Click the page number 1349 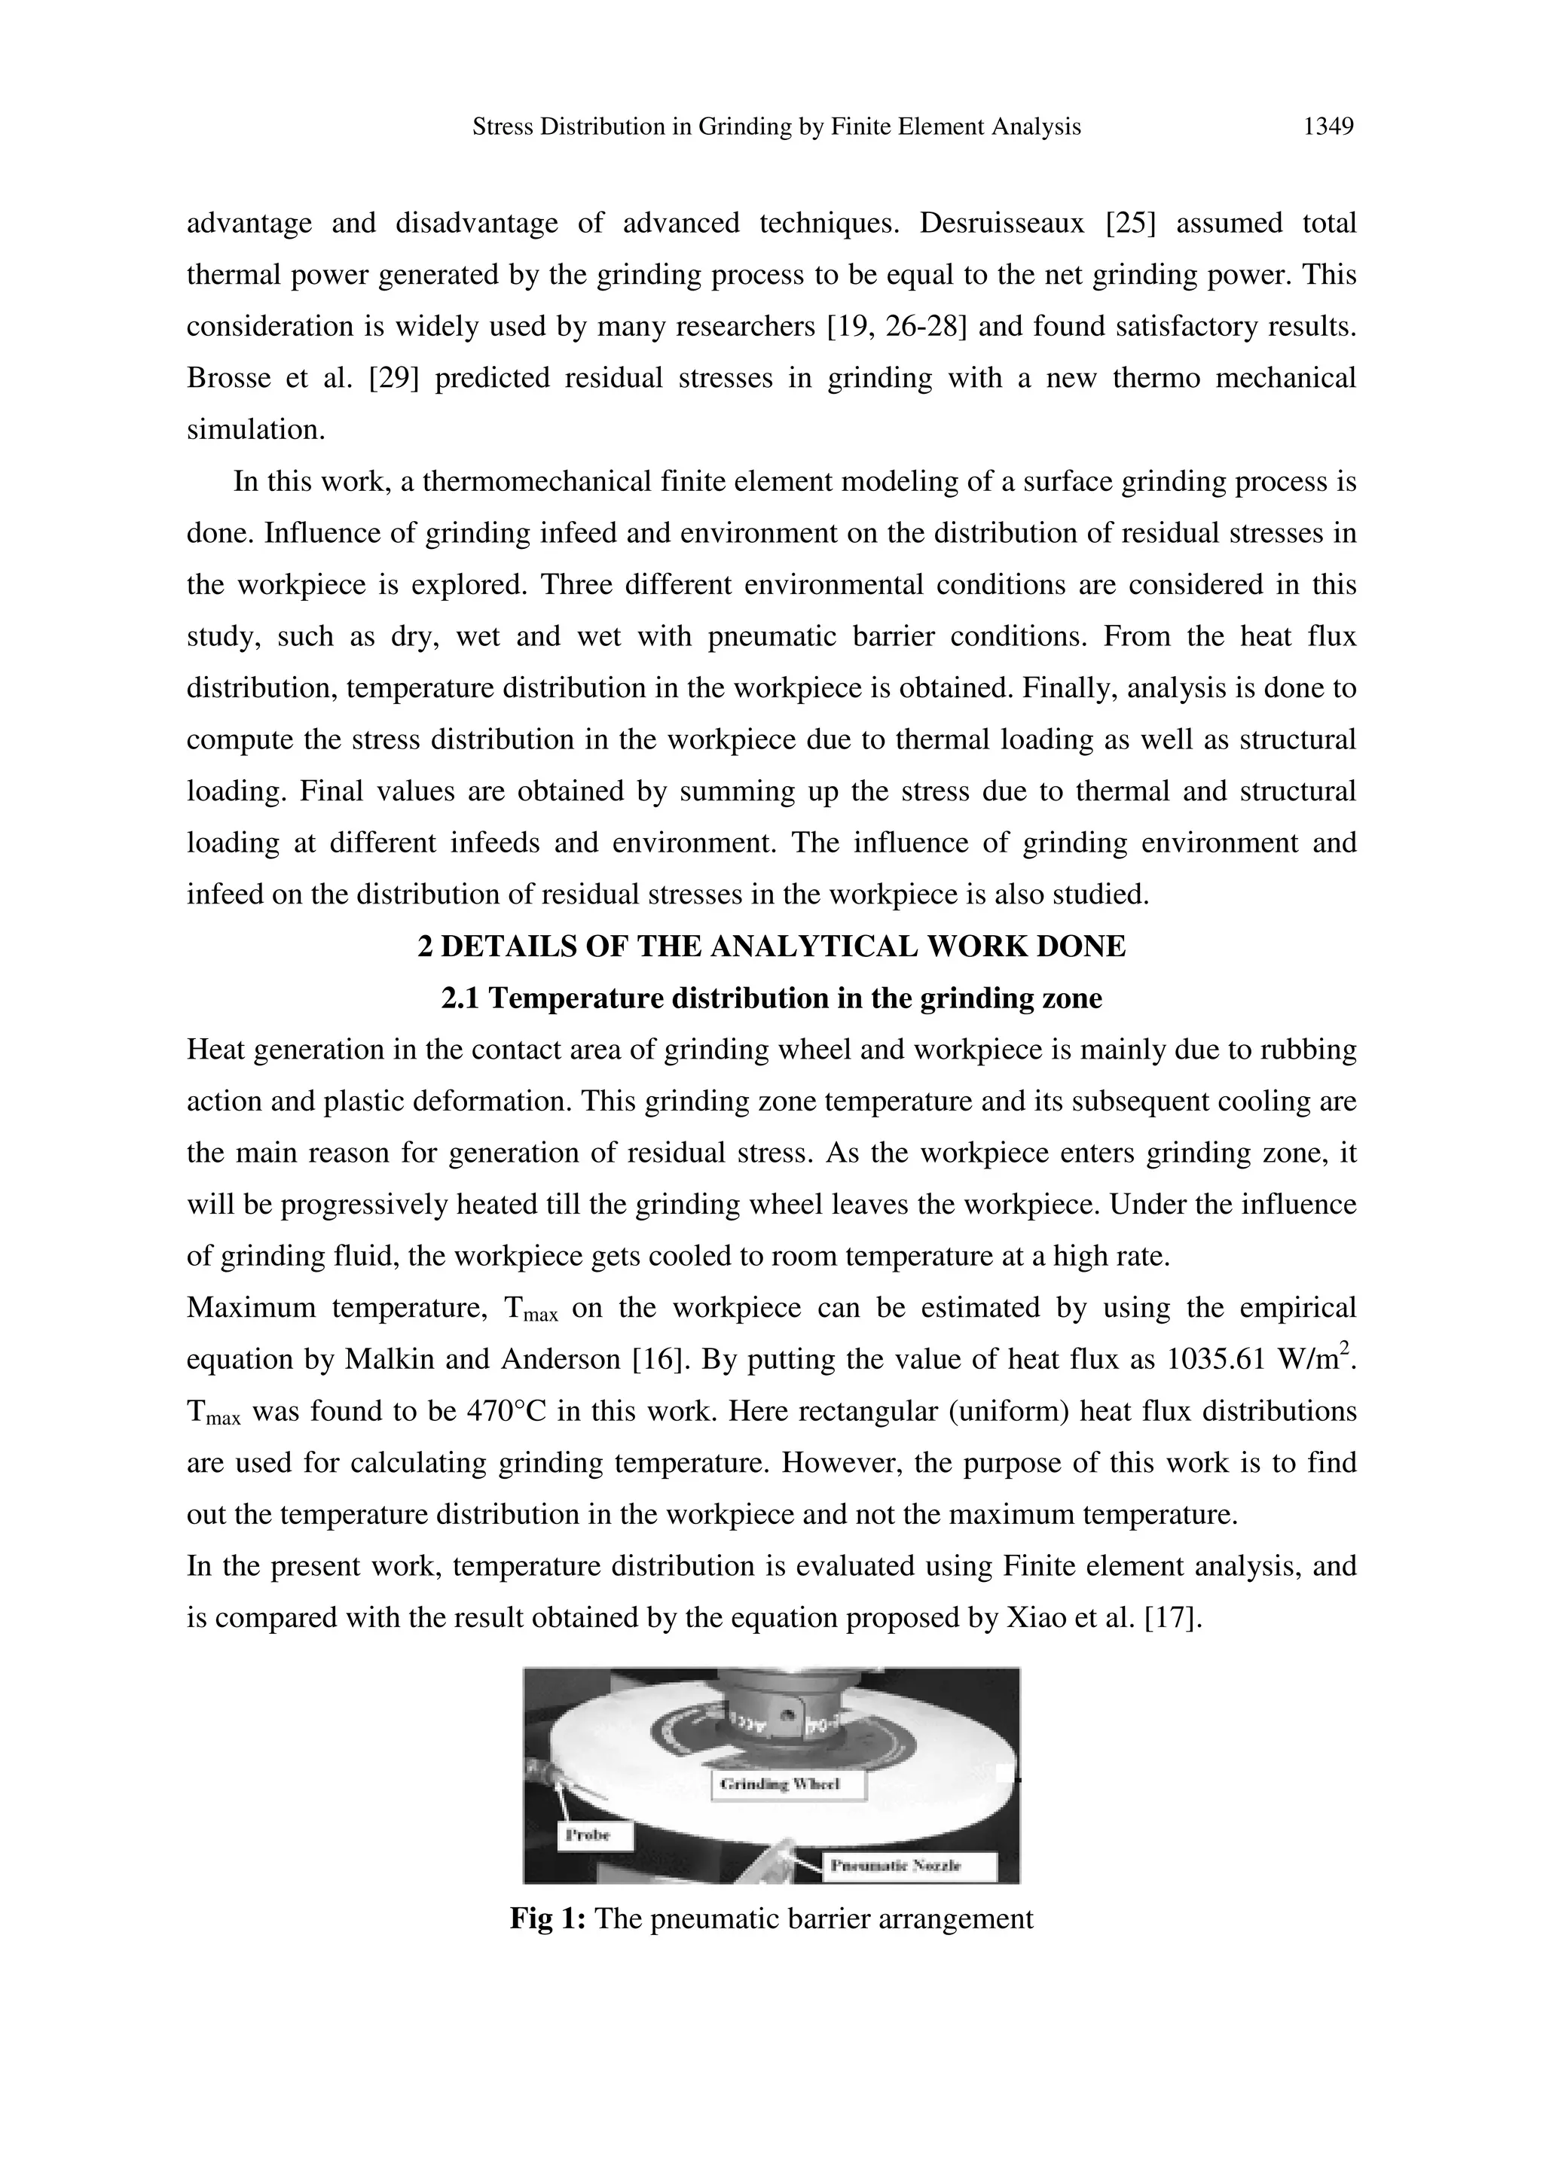pyautogui.click(x=1328, y=126)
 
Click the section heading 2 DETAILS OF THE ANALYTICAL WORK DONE pyautogui.click(x=771, y=946)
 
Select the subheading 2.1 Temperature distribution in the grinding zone pyautogui.click(x=771, y=999)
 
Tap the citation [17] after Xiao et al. pyautogui.click(x=1173, y=1617)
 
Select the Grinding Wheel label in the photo pyautogui.click(x=788, y=1784)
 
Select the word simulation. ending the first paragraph pyautogui.click(x=255, y=431)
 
